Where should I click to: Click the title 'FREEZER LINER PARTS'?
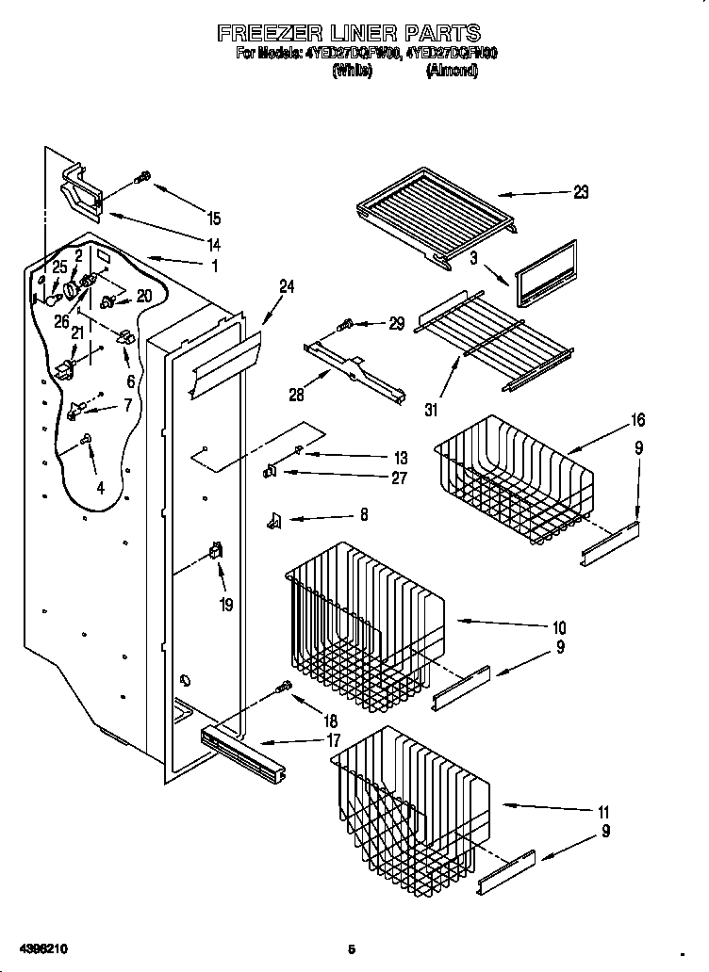pyautogui.click(x=349, y=35)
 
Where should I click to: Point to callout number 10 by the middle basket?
pyautogui.click(x=559, y=627)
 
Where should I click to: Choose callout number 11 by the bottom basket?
pyautogui.click(x=603, y=812)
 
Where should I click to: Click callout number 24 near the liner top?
pyautogui.click(x=287, y=287)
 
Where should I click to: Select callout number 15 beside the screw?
pyautogui.click(x=214, y=219)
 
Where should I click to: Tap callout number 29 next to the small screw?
pyautogui.click(x=396, y=323)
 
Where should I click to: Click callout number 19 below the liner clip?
pyautogui.click(x=226, y=606)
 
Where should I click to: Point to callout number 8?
pyautogui.click(x=364, y=515)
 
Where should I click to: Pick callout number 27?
pyautogui.click(x=399, y=478)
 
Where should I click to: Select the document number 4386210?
pyautogui.click(x=40, y=948)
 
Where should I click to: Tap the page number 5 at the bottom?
pyautogui.click(x=351, y=948)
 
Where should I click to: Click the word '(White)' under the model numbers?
pyautogui.click(x=353, y=71)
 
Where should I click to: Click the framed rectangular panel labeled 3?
pyautogui.click(x=546, y=274)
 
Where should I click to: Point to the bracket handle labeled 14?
pyautogui.click(x=84, y=189)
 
